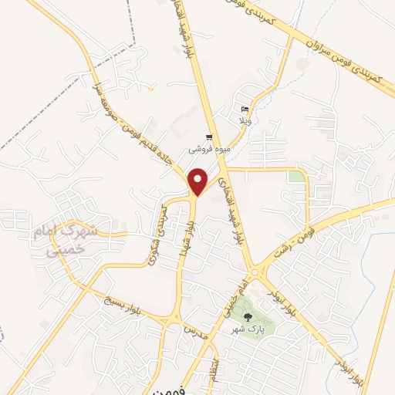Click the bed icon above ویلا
pyautogui.click(x=245, y=110)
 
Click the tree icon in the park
pyautogui.click(x=248, y=316)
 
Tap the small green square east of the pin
pyautogui.click(x=296, y=177)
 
